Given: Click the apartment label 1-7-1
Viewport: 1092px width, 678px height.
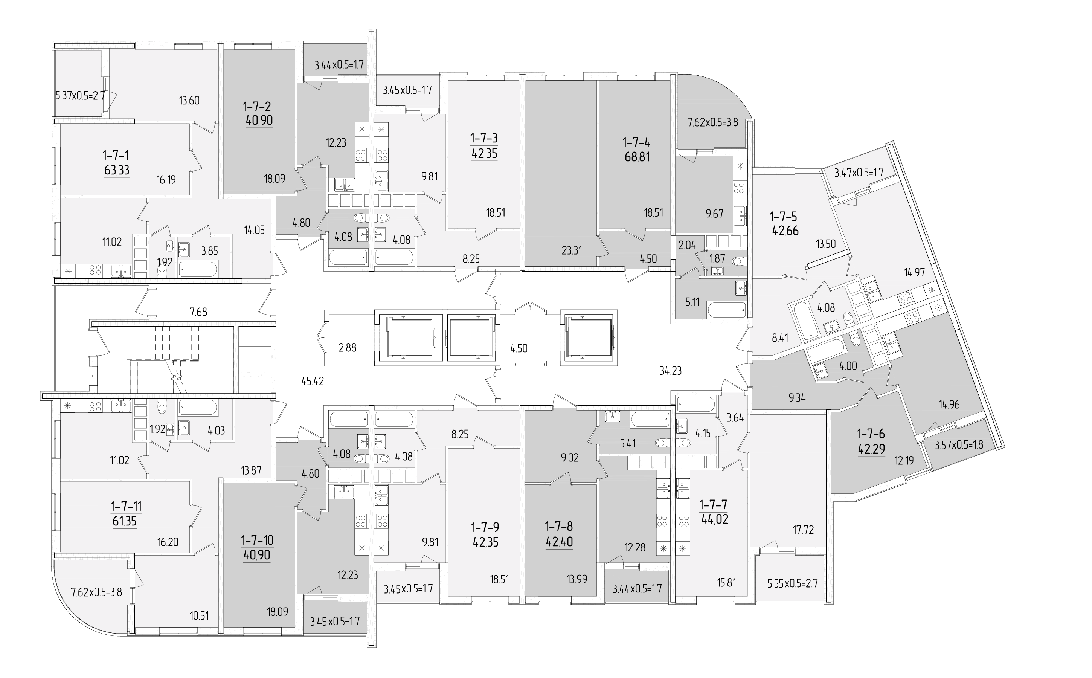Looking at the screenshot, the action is (116, 156).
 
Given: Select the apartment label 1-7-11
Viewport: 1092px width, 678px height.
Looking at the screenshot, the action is (126, 507).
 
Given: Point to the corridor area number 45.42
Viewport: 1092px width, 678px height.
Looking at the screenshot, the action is (313, 382).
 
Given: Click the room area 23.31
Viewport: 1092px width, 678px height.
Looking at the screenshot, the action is (572, 250).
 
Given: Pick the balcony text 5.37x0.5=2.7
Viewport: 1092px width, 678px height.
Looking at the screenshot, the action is (80, 96).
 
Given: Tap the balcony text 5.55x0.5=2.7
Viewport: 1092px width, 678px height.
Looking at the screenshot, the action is (793, 584).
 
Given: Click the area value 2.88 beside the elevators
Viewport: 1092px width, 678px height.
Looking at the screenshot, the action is (348, 348).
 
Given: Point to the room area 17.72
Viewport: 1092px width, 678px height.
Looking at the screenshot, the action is (803, 530).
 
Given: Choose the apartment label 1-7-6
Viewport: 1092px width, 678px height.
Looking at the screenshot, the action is (871, 434).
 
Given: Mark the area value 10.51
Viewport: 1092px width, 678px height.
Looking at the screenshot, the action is (199, 616).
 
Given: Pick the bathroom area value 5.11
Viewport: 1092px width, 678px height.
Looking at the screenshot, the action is (692, 302).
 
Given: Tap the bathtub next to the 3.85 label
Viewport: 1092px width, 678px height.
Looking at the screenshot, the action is (198, 269).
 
